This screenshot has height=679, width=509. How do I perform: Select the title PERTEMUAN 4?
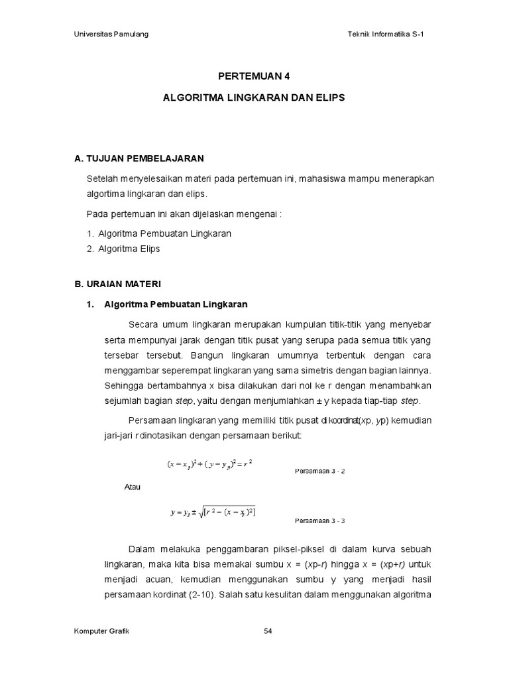pos(254,76)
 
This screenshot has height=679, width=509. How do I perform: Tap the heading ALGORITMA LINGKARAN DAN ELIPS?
pos(254,97)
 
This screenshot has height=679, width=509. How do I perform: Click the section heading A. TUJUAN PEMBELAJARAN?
pos(139,158)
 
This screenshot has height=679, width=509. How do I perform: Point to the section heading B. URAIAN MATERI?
pos(117,284)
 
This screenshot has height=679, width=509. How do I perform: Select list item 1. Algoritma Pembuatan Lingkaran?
pos(159,233)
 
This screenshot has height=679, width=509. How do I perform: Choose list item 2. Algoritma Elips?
pos(124,249)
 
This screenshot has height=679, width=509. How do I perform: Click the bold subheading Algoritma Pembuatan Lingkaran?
pos(176,304)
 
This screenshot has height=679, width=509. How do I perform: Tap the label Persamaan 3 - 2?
pos(320,471)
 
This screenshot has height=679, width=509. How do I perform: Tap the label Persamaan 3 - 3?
pos(320,521)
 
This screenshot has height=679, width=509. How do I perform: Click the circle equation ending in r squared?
pos(211,465)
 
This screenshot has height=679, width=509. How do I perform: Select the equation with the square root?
pos(213,511)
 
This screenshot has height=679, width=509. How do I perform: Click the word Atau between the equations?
pos(133,487)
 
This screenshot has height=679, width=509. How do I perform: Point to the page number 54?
pos(268,631)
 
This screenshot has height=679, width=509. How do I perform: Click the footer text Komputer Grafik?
pos(101,631)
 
